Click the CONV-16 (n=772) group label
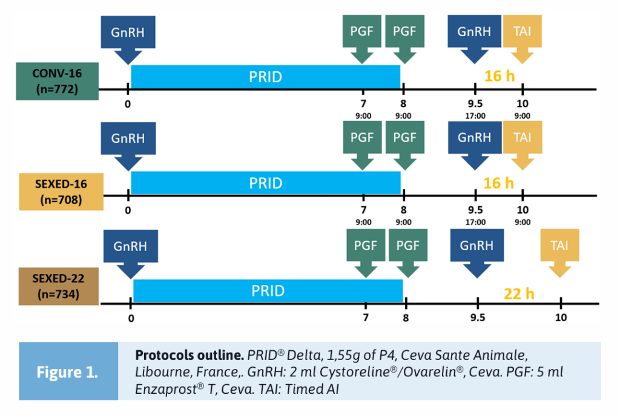pyautogui.click(x=57, y=82)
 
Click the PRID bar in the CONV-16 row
pyautogui.click(x=265, y=77)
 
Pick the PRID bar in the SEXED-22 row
pyautogui.click(x=268, y=291)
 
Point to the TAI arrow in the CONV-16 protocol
pyautogui.click(x=522, y=36)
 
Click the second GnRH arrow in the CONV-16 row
pyautogui.click(x=474, y=36)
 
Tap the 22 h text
pyautogui.click(x=519, y=294)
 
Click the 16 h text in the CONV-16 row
pyautogui.click(x=499, y=76)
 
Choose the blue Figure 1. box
pyautogui.click(x=68, y=371)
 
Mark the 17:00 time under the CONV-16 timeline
pyautogui.click(x=475, y=116)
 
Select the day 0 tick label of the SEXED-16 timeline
pyautogui.click(x=128, y=211)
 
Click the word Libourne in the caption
pyautogui.click(x=159, y=372)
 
